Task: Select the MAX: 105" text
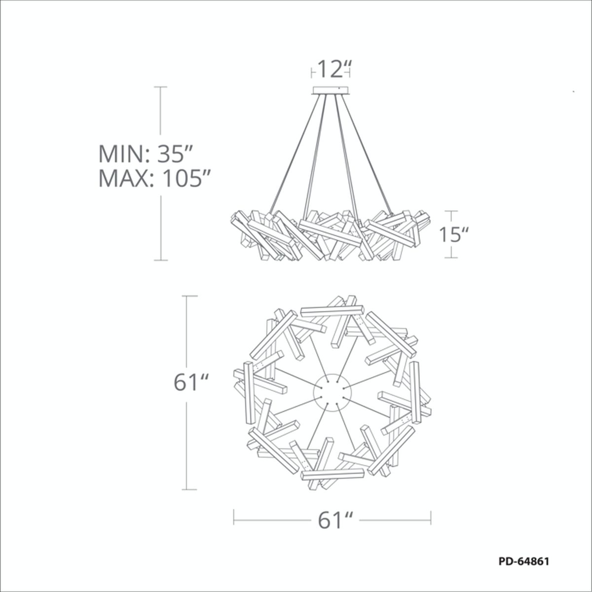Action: [154, 178]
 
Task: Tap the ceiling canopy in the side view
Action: [331, 90]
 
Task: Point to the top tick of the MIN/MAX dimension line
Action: [160, 87]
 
